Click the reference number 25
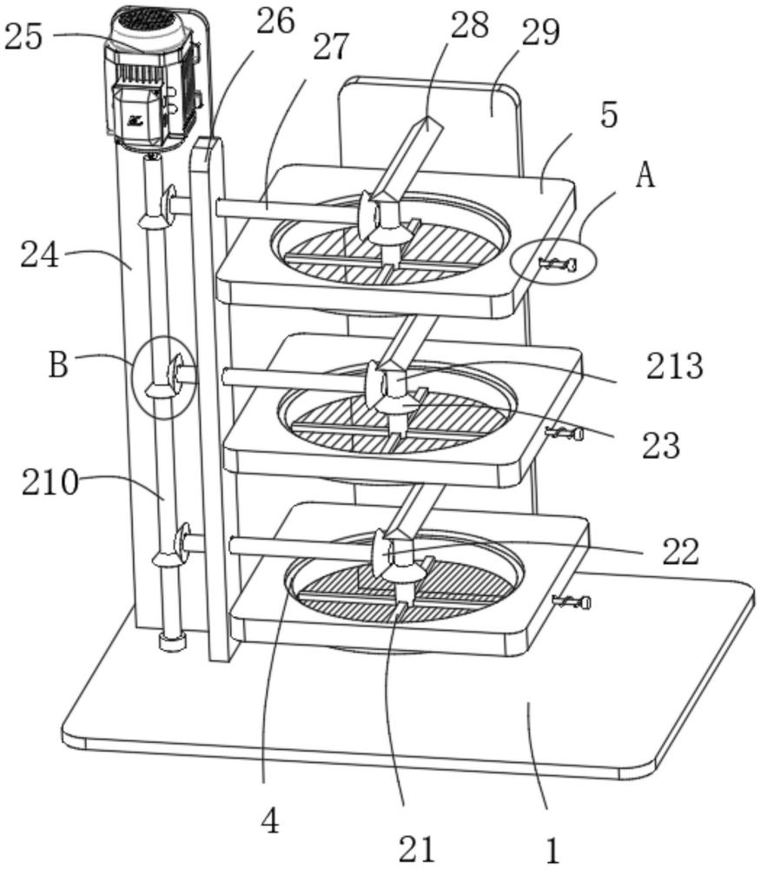click(23, 37)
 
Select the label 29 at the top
click(541, 32)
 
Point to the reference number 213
click(674, 367)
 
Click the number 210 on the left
click(50, 482)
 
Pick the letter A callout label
click(645, 176)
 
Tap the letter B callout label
click(59, 365)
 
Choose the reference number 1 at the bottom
click(552, 849)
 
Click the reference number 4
click(270, 821)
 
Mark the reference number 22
click(680, 552)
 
